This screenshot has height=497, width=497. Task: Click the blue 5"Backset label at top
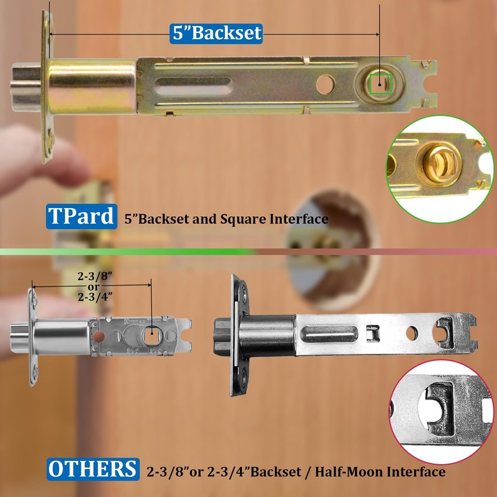point(216,33)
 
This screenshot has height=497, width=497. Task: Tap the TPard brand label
point(81,217)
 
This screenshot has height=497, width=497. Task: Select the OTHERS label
point(93,469)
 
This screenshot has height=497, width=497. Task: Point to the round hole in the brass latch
point(324,84)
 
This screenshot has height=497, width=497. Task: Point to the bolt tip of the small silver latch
point(19,336)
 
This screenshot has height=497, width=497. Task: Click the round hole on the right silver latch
point(412,332)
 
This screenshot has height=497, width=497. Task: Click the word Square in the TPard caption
point(234,219)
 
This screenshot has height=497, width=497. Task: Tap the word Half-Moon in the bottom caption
point(340,472)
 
